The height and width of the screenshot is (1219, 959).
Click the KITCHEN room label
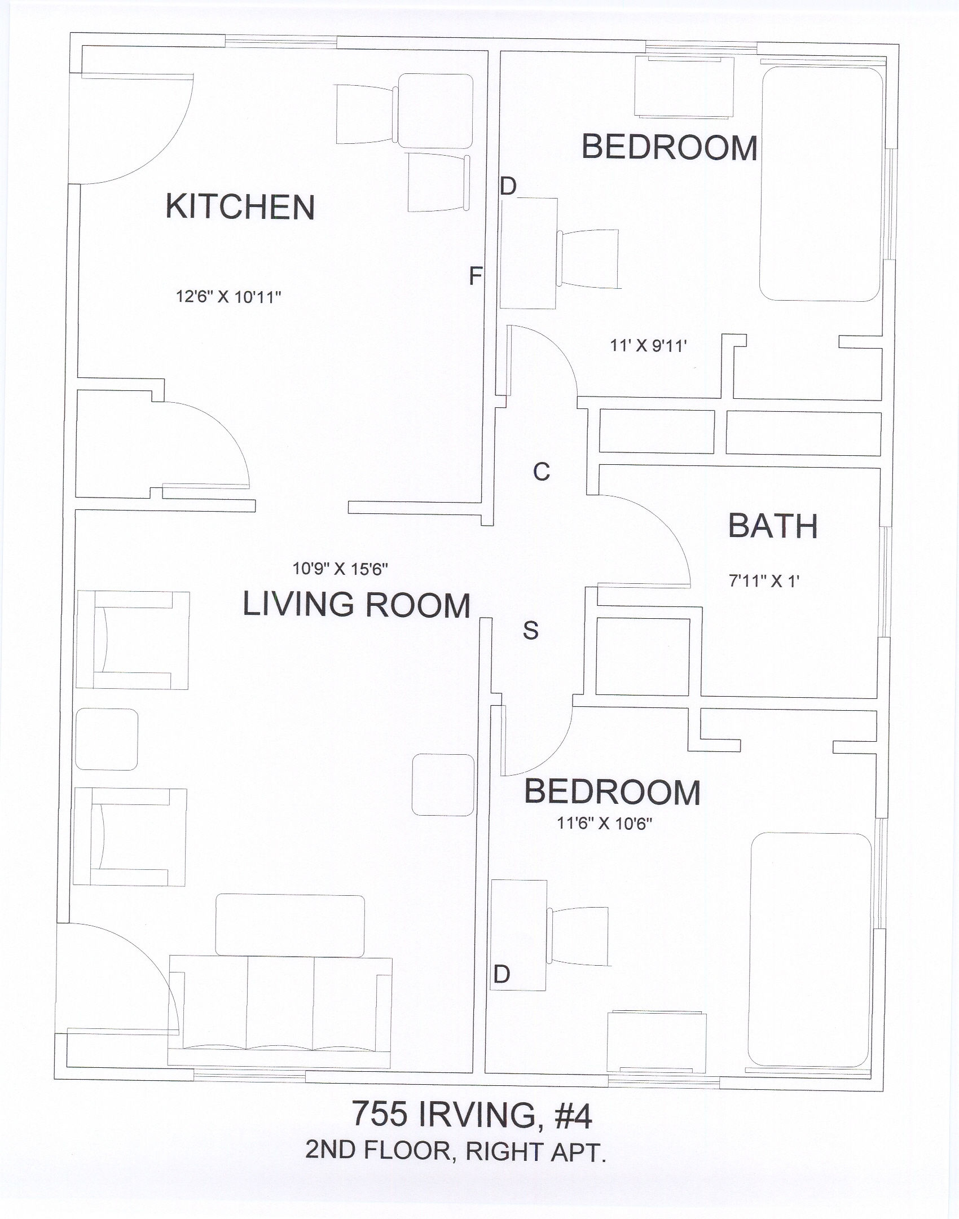[x=240, y=206]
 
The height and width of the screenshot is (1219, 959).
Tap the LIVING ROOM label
[x=357, y=605]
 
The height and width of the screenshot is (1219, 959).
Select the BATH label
[x=773, y=526]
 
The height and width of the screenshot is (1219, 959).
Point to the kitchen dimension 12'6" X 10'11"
[x=228, y=297]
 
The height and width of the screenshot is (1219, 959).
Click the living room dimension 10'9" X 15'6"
[x=340, y=569]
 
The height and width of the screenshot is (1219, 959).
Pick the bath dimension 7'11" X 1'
[x=764, y=581]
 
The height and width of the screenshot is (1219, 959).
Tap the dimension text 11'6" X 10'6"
[x=605, y=824]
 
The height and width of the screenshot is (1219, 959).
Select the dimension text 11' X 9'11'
[x=648, y=345]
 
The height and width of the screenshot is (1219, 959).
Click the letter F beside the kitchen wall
[x=476, y=276]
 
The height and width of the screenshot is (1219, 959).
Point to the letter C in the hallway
[x=542, y=472]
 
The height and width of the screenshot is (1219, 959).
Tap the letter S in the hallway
[x=530, y=630]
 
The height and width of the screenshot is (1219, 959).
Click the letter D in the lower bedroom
[x=502, y=974]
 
